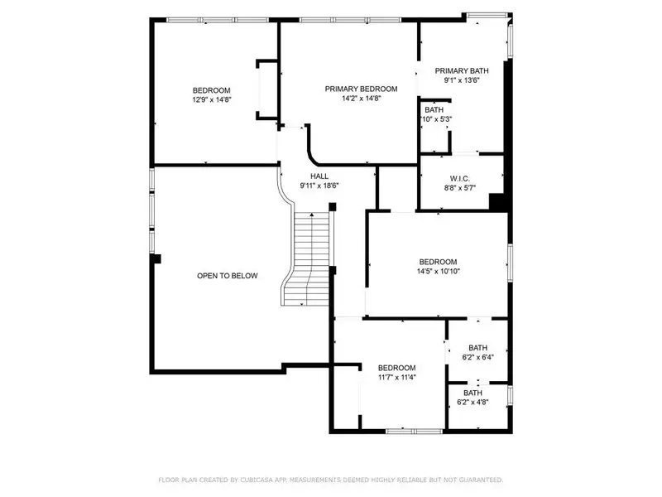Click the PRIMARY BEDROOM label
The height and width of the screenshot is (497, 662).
tap(361, 89)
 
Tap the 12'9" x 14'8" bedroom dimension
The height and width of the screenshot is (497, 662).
tap(212, 99)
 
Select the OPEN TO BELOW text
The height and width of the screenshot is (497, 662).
tap(227, 276)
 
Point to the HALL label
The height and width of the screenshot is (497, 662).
tap(319, 176)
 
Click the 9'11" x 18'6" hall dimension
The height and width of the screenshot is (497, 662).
tap(319, 186)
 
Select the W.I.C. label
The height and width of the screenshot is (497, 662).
tap(460, 179)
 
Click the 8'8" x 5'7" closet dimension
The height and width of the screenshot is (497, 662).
tap(460, 188)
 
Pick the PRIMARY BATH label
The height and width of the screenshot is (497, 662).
tap(462, 71)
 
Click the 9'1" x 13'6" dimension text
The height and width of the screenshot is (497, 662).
tap(462, 80)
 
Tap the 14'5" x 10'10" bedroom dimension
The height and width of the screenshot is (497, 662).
tap(439, 272)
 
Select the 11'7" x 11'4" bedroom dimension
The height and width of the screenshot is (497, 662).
tap(397, 377)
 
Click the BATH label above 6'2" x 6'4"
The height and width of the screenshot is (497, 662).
tap(478, 348)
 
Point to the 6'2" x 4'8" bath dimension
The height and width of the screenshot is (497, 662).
tap(473, 402)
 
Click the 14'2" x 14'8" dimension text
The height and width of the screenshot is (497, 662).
tap(361, 98)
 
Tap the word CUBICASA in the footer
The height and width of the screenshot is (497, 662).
tap(257, 480)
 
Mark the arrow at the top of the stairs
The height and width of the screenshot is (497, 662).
tap(312, 215)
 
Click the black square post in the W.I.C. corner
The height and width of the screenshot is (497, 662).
tap(497, 201)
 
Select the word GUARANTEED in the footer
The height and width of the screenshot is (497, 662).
tap(481, 480)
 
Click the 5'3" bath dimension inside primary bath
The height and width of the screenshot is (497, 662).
tap(446, 119)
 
